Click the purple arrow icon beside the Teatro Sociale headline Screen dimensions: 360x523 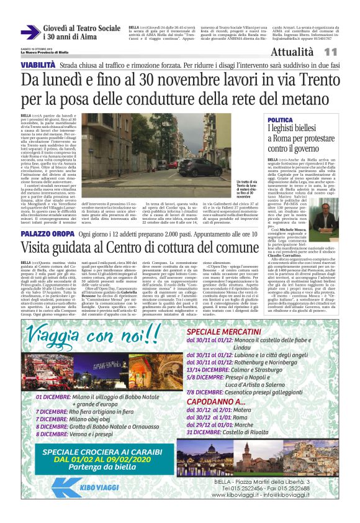[30, 32]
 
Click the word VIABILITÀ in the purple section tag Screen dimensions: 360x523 [38, 65]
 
